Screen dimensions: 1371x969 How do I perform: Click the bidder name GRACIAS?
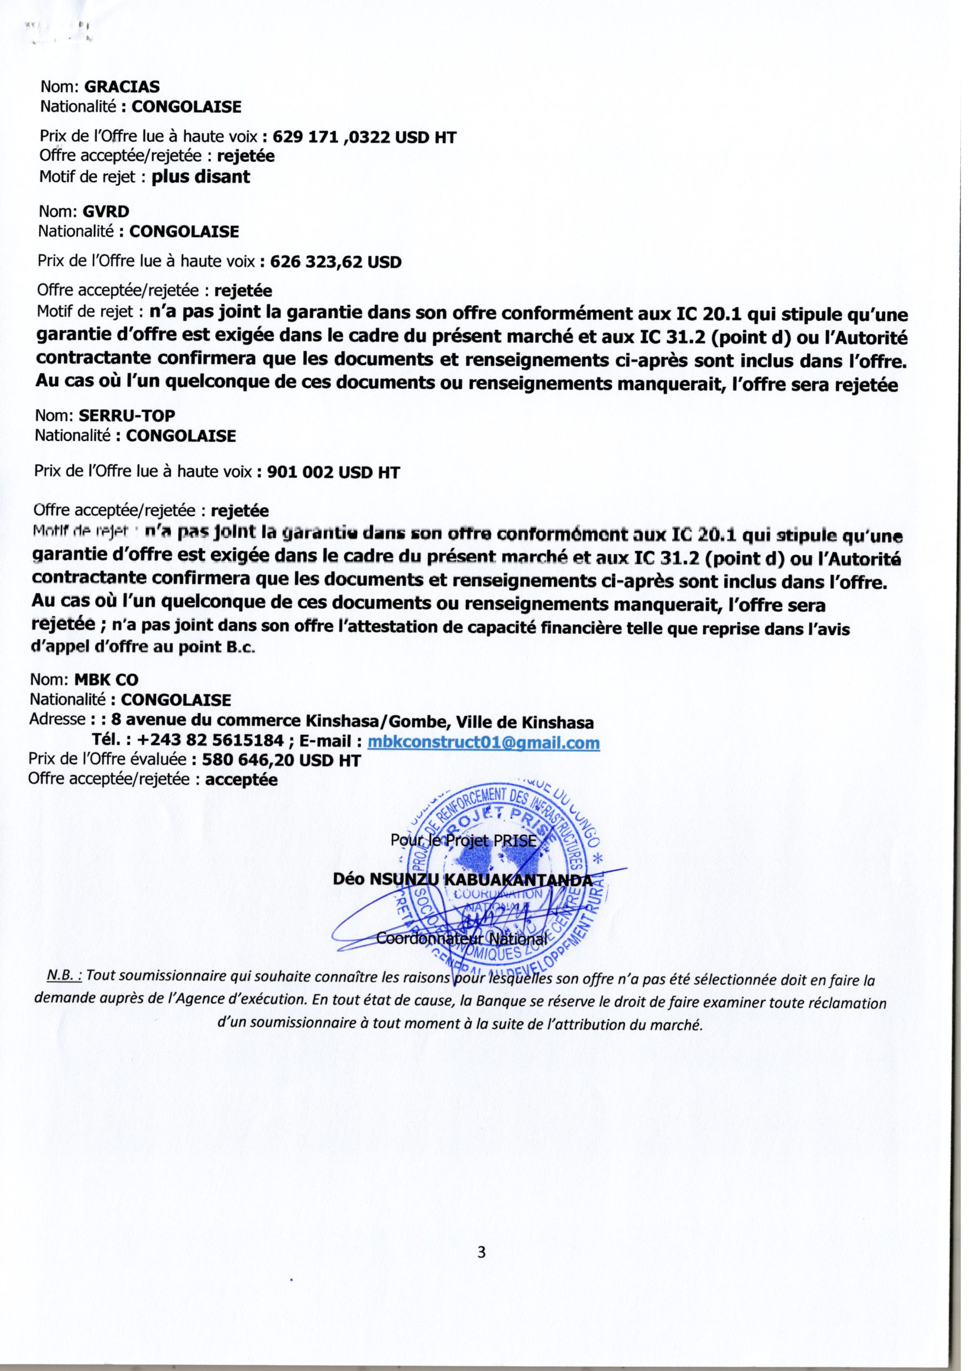tap(123, 87)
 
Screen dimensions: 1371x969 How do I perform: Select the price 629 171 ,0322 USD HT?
tap(364, 137)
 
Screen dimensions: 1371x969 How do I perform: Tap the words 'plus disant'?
tap(201, 177)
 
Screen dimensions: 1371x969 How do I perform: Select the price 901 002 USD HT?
tap(333, 472)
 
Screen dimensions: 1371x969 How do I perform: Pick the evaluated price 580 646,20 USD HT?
tap(282, 760)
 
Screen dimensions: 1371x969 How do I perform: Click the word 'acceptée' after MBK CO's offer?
tap(241, 780)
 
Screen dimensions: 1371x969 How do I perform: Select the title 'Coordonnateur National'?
tap(461, 939)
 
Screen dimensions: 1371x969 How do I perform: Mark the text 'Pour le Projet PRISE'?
tap(465, 841)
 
